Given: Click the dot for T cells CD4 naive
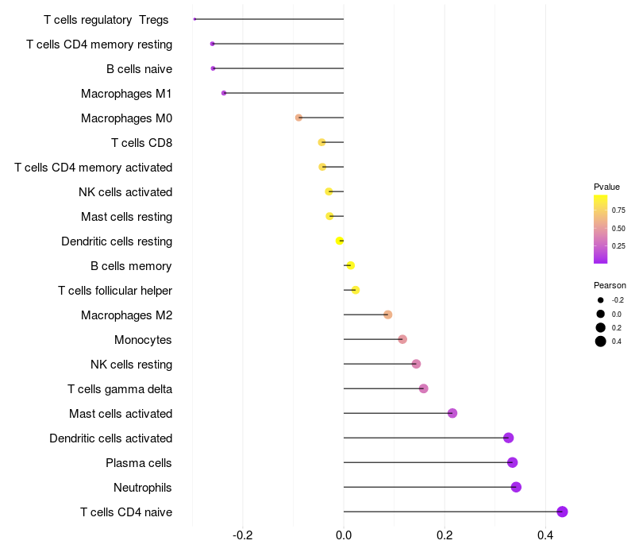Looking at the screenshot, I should click(x=562, y=512).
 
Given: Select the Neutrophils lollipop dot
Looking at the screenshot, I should click(x=516, y=487).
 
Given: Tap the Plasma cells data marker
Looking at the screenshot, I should click(x=512, y=462).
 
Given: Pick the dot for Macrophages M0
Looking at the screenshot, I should click(x=298, y=118).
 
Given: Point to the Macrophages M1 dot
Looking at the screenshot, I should click(x=224, y=93).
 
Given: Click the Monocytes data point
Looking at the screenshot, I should click(x=402, y=339).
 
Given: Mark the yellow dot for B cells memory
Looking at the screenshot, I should click(x=350, y=265).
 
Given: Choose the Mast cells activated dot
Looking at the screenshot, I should click(x=452, y=413).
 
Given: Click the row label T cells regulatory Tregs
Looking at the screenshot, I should click(x=106, y=20).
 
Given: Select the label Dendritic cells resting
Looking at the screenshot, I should click(x=117, y=241).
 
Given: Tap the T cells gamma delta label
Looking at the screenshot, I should click(x=120, y=389).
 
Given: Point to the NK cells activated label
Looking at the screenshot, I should click(x=125, y=192).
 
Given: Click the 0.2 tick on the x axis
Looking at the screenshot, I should click(x=444, y=536).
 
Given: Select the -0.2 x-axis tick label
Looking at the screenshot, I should click(x=243, y=536).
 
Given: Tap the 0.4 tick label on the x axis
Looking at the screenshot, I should click(x=545, y=536).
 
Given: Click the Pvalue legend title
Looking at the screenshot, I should click(x=606, y=187).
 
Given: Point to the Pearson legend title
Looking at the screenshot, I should click(x=610, y=285).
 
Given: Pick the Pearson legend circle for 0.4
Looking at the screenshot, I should click(x=601, y=342).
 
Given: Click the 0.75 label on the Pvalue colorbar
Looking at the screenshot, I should click(x=618, y=210).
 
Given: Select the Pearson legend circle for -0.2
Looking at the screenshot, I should click(x=601, y=300).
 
